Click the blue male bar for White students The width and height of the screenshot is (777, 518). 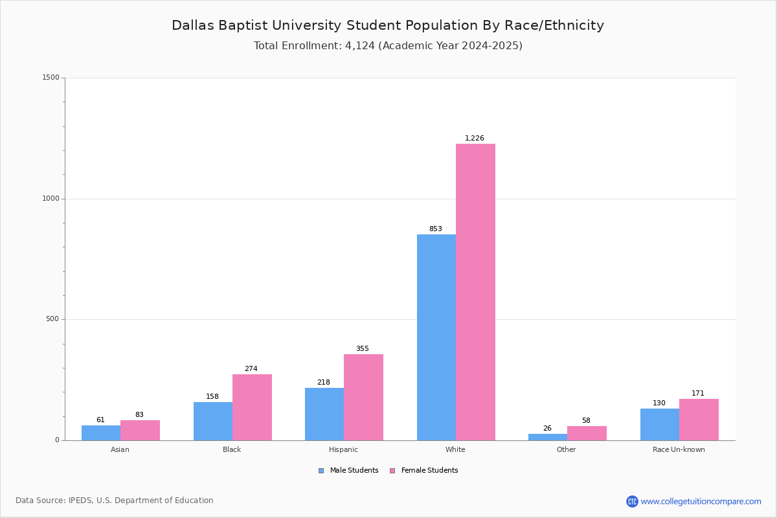pyautogui.click(x=436, y=337)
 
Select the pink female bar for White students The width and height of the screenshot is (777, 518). pyautogui.click(x=475, y=291)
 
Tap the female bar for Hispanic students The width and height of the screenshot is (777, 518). pyautogui.click(x=363, y=397)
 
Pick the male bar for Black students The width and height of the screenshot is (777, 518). pyautogui.click(x=213, y=421)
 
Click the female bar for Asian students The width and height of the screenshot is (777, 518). pyautogui.click(x=140, y=430)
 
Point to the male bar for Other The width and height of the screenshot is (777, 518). pyautogui.click(x=548, y=437)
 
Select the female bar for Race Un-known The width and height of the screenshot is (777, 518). pyautogui.click(x=699, y=420)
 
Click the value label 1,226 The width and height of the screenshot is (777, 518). pyautogui.click(x=475, y=138)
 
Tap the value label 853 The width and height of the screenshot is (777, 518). pyautogui.click(x=436, y=229)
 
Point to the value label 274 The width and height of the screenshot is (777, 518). pyautogui.click(x=251, y=368)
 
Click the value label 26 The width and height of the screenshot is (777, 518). pyautogui.click(x=547, y=428)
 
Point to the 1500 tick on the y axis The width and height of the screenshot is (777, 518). pyautogui.click(x=51, y=78)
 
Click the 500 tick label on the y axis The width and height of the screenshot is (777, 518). pyautogui.click(x=52, y=319)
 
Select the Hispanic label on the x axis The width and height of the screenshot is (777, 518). pyautogui.click(x=343, y=449)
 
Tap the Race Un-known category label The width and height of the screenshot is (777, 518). pyautogui.click(x=679, y=449)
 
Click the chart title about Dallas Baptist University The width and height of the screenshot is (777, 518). pyautogui.click(x=388, y=25)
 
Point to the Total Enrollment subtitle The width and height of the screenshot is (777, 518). pyautogui.click(x=388, y=46)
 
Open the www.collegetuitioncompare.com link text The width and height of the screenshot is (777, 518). pyautogui.click(x=701, y=501)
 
